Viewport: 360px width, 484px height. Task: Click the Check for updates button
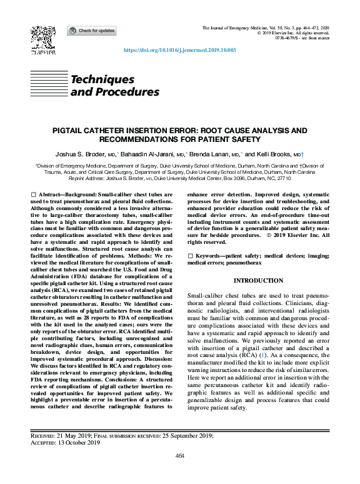91,30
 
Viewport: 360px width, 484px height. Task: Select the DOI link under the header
180,50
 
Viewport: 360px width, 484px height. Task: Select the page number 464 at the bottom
180,456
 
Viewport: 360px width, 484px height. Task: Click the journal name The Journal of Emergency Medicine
236,29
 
